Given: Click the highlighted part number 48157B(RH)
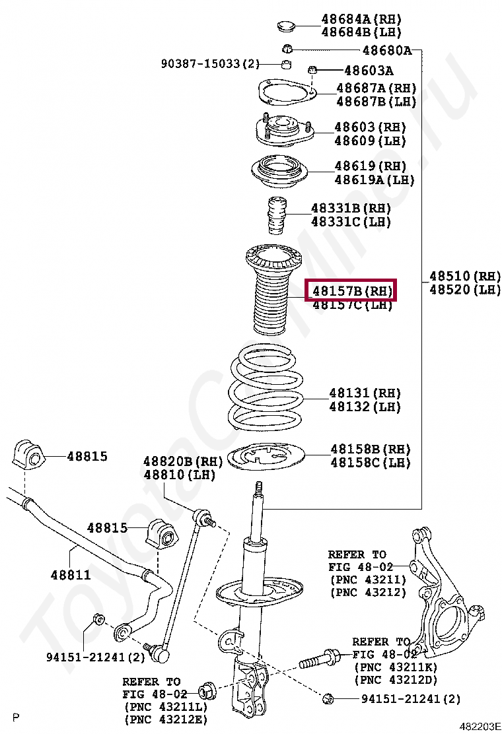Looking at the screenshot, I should (351, 290).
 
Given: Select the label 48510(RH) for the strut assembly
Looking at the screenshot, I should (464, 276).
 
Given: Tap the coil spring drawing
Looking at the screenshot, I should (266, 389).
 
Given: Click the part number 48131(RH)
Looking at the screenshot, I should (365, 393).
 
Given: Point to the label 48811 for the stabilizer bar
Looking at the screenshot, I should (70, 575).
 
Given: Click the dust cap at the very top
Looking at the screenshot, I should (285, 26).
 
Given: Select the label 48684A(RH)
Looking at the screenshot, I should (361, 19).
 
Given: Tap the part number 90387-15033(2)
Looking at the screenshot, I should (210, 64).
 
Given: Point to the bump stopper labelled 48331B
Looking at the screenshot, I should (277, 217).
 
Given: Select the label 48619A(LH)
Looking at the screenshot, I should (374, 180).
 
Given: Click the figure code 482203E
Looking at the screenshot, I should (480, 726).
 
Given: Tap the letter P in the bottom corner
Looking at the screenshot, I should (17, 717).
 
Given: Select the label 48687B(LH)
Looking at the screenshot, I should (376, 102).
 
